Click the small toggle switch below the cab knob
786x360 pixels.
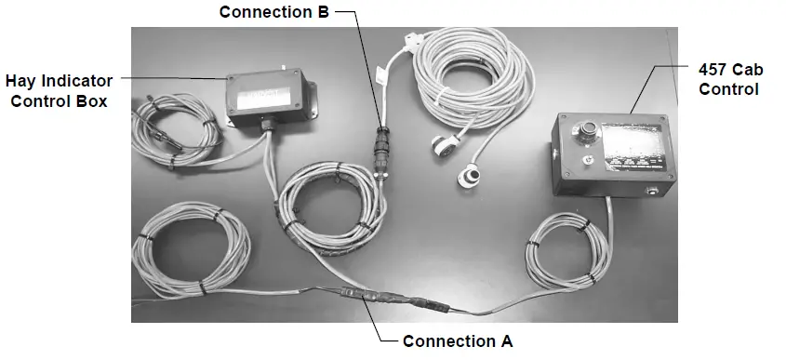tap(586, 160)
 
